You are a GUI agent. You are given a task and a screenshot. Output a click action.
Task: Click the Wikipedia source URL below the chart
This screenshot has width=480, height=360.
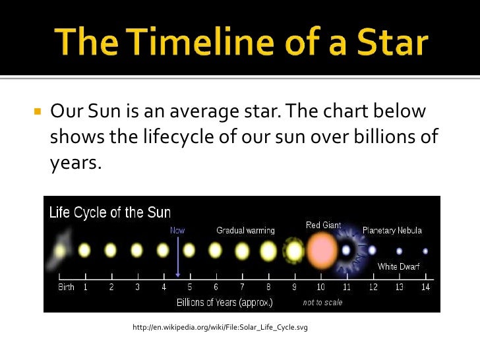tap(220, 328)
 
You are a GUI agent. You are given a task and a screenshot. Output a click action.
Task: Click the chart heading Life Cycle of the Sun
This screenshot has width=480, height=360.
tap(110, 213)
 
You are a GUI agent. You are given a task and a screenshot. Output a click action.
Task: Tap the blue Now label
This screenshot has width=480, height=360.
tap(177, 230)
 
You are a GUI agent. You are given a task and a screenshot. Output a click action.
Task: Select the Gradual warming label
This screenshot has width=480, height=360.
tap(245, 230)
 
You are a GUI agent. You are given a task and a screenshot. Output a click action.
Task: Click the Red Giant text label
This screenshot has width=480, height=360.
tap(323, 225)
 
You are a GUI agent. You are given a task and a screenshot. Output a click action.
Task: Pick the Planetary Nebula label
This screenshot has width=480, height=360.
tap(392, 230)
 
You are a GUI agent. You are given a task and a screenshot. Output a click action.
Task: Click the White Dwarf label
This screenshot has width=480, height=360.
tap(399, 266)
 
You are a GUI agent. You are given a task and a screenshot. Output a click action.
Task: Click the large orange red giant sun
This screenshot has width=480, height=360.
tap(322, 251)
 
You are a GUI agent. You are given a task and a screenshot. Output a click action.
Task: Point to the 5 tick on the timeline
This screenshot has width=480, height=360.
tap(190, 287)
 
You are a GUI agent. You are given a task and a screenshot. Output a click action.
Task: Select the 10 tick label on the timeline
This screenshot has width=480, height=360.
tap(320, 287)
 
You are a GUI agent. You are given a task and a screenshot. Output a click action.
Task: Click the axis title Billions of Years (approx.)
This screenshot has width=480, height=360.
tap(224, 303)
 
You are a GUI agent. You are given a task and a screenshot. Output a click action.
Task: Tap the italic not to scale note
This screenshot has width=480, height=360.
tap(322, 303)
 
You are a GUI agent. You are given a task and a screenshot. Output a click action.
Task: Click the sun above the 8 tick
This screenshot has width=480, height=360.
tap(268, 251)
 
